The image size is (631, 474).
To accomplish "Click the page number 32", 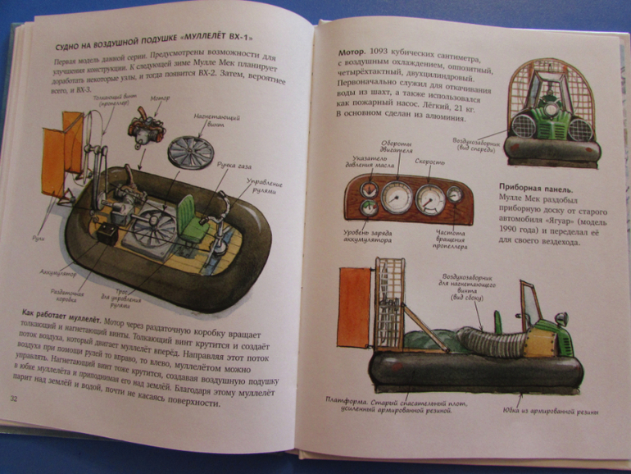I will (x=14, y=399).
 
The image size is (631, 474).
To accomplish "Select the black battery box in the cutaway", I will (x=107, y=232).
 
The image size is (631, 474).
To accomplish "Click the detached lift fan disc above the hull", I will (x=190, y=151).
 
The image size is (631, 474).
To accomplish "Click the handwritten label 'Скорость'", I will (x=429, y=162).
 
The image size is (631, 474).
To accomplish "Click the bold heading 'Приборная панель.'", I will (x=535, y=188).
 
